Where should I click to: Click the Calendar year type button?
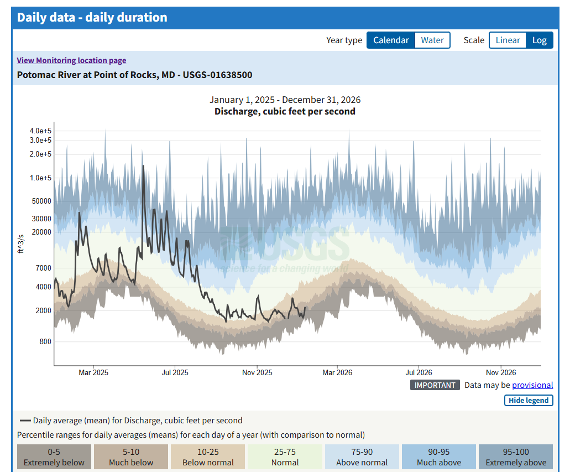[391, 40]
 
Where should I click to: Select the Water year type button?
[432, 40]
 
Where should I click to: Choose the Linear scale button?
[508, 40]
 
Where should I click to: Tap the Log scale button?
[539, 40]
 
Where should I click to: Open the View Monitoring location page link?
[71, 60]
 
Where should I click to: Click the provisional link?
[532, 385]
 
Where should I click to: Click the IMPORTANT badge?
[435, 385]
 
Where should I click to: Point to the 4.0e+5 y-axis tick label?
[40, 131]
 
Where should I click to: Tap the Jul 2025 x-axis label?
[175, 372]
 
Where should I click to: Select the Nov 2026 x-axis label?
[501, 372]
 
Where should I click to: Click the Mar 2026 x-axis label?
[337, 372]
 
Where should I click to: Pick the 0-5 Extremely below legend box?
[54, 458]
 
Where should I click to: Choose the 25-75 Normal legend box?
[285, 458]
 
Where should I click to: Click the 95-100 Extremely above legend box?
[516, 458]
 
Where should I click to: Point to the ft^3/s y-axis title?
[21, 243]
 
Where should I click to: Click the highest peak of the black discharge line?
[143, 166]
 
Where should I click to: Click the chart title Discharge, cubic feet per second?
[285, 111]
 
